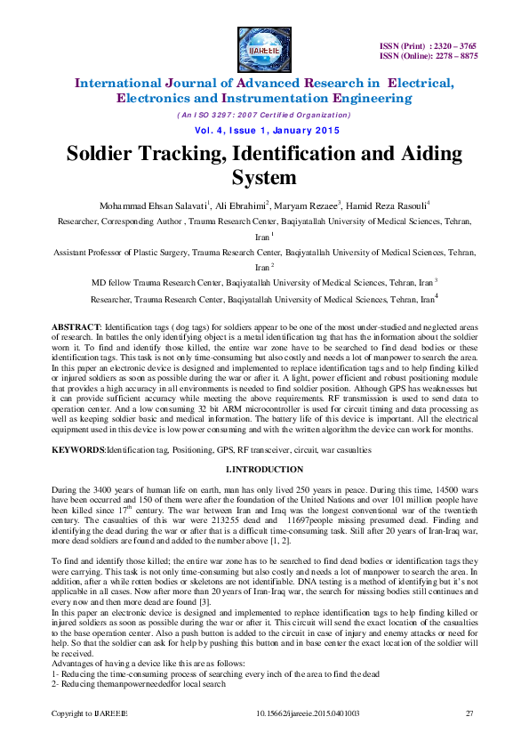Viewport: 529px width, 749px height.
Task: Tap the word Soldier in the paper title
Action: click(x=108, y=153)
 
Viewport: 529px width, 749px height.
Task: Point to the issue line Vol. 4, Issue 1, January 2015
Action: click(x=264, y=130)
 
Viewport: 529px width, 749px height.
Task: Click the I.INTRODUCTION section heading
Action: click(x=264, y=470)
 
